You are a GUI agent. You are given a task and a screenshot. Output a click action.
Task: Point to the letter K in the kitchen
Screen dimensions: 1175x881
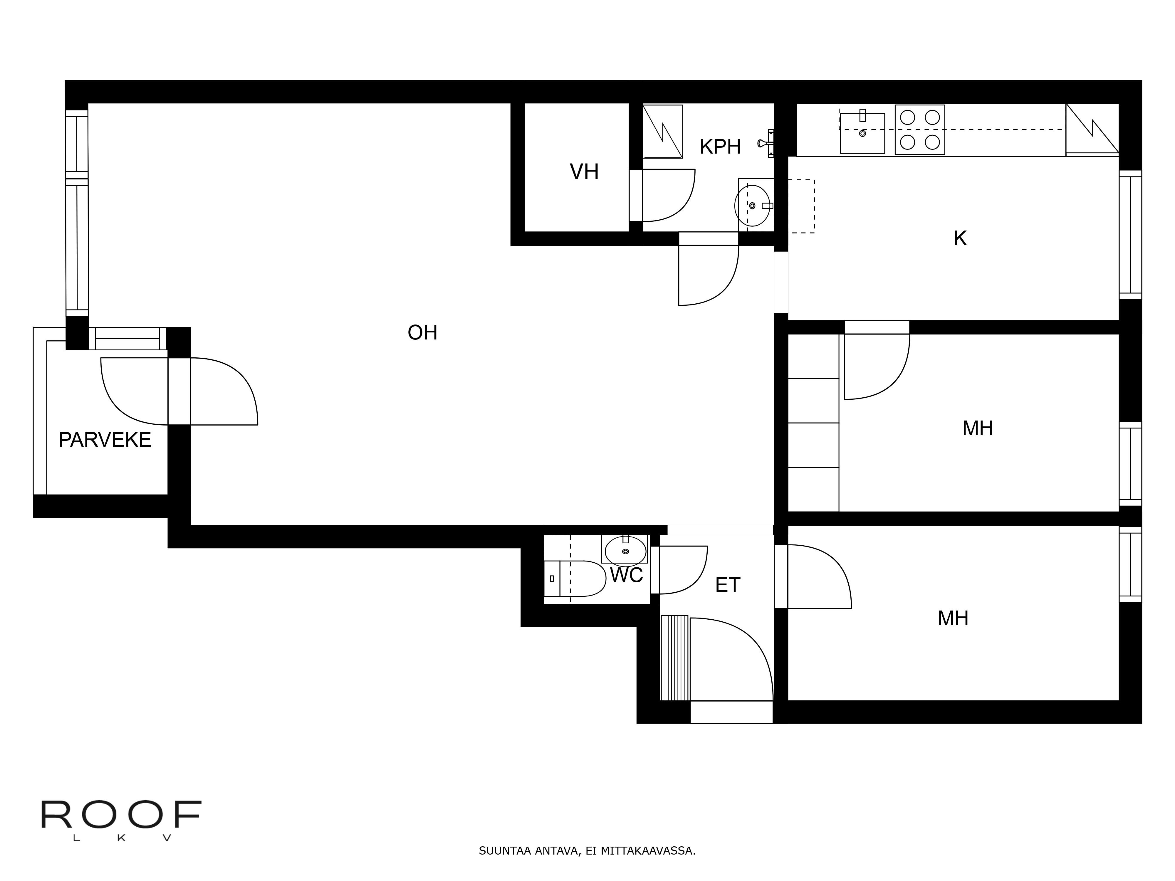(x=960, y=238)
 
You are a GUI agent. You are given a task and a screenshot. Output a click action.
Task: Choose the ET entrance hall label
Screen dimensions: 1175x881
(x=727, y=585)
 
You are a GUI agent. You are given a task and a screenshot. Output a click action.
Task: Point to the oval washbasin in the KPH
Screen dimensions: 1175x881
(x=752, y=206)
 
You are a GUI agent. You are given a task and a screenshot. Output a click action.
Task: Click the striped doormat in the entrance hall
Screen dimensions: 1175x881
(x=674, y=658)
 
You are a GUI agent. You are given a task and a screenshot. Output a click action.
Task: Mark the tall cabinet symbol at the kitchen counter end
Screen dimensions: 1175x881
(x=1092, y=130)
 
